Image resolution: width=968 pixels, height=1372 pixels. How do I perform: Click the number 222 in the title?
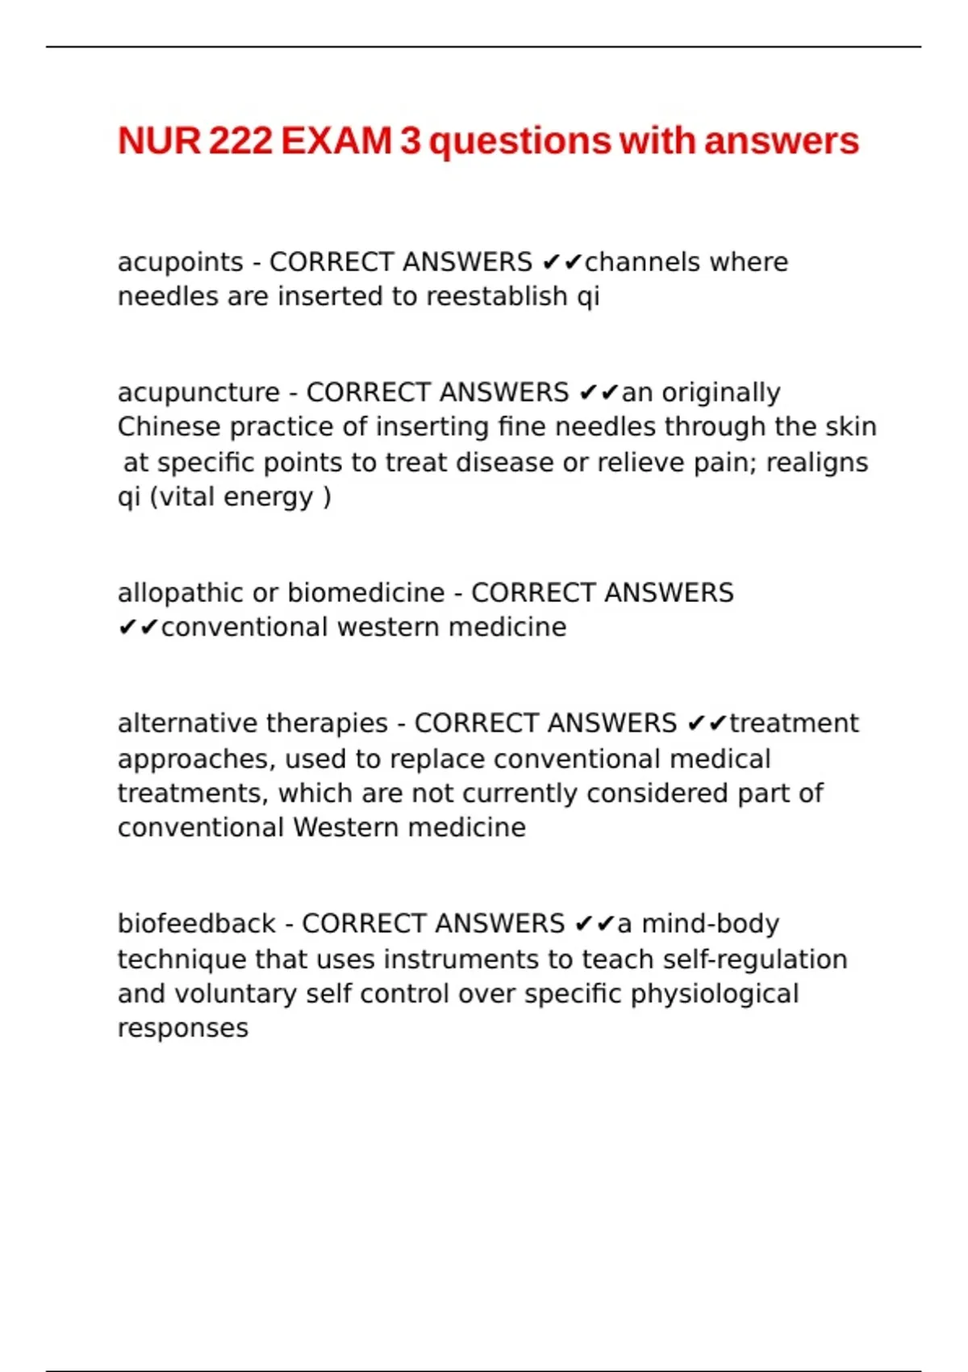pos(240,141)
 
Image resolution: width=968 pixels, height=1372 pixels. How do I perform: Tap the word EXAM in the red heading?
pos(336,141)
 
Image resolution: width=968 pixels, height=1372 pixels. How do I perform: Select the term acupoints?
pos(180,262)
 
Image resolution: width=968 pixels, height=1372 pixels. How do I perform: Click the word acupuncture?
pos(198,392)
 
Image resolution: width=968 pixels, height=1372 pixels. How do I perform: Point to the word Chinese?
pos(169,427)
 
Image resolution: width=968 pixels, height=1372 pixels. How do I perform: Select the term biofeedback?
pos(196,923)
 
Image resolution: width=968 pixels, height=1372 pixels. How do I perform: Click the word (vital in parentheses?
pos(183,497)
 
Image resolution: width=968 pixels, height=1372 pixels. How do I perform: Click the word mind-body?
pos(710,923)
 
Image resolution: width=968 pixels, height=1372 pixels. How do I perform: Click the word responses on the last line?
pos(182,1029)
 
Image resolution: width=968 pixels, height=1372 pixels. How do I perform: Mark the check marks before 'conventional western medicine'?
pos(138,628)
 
